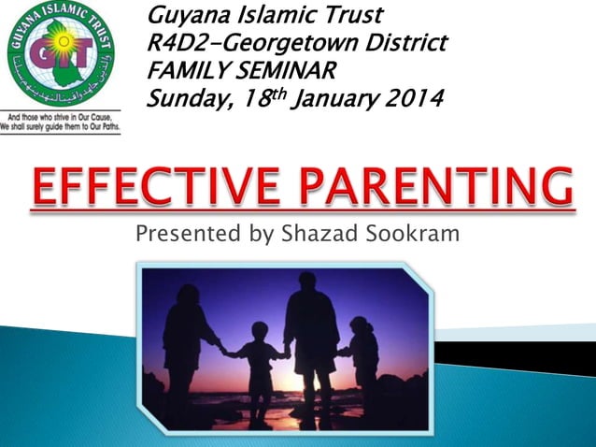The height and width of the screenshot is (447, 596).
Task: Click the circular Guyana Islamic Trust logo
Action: pos(60,58)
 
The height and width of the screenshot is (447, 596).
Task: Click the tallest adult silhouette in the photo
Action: pos(311,337)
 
